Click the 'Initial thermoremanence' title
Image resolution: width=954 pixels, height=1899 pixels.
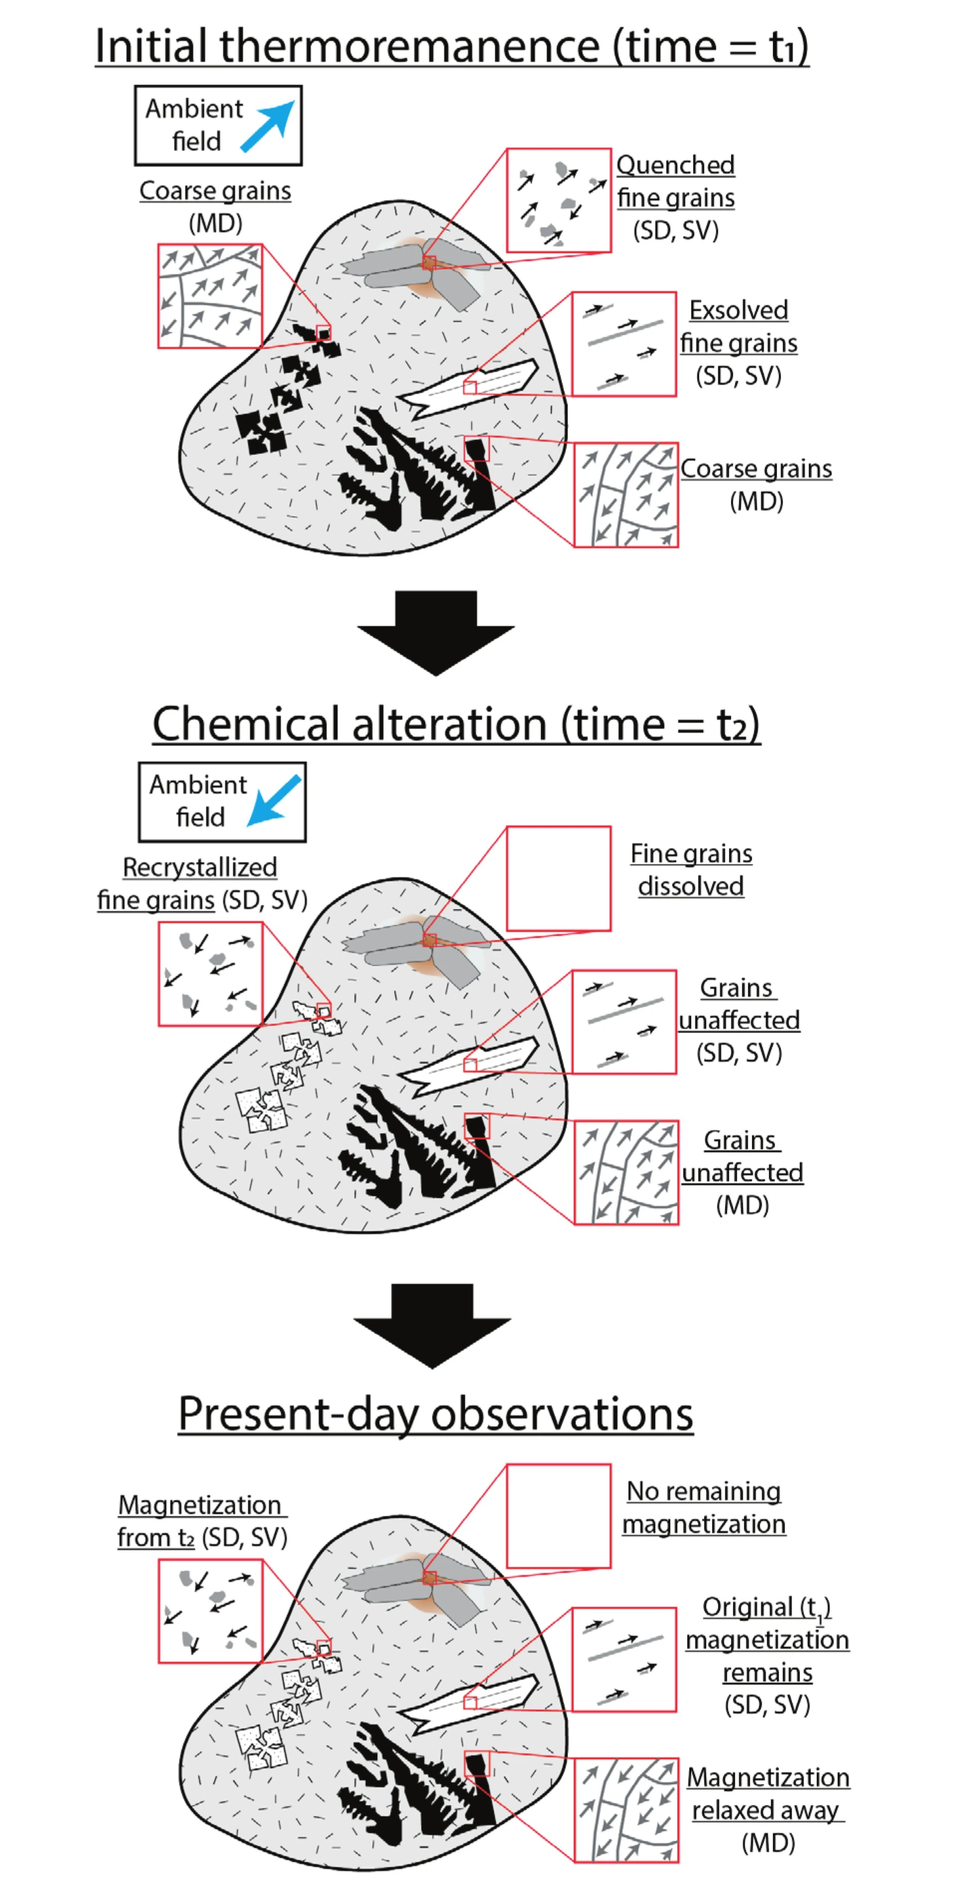coord(451,46)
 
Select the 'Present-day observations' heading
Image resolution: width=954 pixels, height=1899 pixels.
coord(435,1413)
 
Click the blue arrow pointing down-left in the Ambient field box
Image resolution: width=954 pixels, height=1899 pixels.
coord(273,800)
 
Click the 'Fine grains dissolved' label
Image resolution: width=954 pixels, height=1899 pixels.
coord(691,869)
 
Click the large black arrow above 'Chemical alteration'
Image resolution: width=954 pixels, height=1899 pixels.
coord(435,632)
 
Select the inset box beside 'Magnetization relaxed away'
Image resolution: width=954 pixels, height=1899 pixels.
coord(625,1809)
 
